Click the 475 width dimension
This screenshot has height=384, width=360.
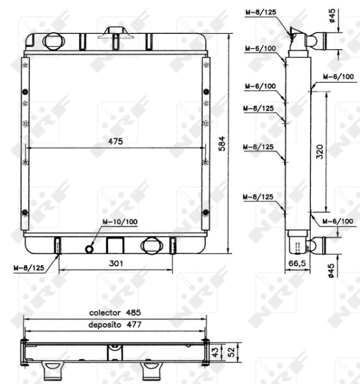115,141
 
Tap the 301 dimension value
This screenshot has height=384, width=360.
115,263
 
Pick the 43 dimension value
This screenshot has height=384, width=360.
215,352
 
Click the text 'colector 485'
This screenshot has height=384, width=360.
114,313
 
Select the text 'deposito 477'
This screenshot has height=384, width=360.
114,324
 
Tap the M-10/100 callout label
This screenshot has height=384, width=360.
120,223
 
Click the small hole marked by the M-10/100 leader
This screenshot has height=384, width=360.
90,247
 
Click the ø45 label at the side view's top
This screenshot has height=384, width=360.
333,15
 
